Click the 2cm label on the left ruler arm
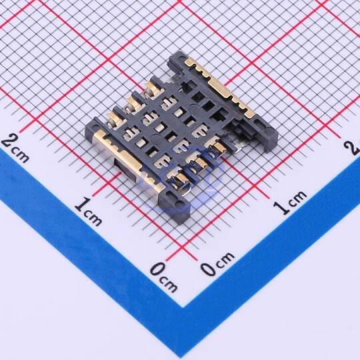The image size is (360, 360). [x=15, y=148]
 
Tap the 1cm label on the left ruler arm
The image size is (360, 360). [x=89, y=211]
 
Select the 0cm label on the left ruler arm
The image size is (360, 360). [x=164, y=277]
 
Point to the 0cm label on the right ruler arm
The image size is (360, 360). [x=217, y=263]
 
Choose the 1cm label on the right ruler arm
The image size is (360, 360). [x=290, y=202]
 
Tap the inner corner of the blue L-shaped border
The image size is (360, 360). [x=183, y=307]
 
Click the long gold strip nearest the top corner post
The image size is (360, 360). [x=220, y=87]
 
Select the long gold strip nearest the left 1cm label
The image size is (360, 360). [x=129, y=160]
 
